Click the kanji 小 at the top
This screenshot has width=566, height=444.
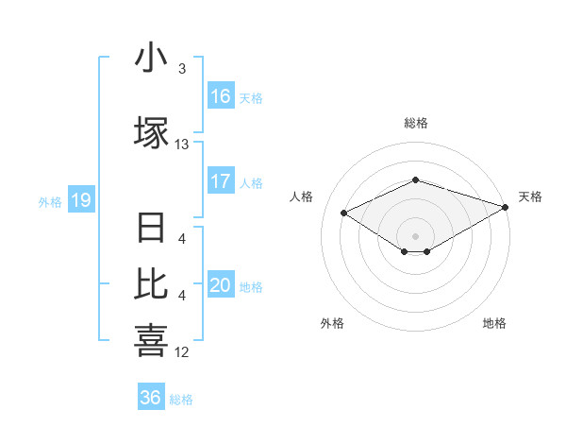tap(151, 60)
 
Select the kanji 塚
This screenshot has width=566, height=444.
tap(151, 131)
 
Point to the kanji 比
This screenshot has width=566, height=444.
tap(151, 282)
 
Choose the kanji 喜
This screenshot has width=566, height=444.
tap(151, 339)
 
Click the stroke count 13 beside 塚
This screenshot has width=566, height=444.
tap(181, 145)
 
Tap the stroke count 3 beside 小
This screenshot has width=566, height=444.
tap(181, 69)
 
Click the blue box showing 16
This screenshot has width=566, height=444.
tap(221, 96)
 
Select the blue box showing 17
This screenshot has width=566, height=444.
tap(221, 181)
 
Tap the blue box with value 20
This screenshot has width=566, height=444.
tap(221, 285)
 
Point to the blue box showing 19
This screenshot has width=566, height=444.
tap(81, 200)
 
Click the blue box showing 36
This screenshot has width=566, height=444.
tap(151, 398)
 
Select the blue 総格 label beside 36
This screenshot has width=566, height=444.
tap(181, 400)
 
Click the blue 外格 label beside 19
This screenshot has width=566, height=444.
tap(50, 201)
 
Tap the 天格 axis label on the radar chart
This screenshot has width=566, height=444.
tap(530, 196)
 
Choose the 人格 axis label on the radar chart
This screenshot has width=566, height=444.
tap(301, 196)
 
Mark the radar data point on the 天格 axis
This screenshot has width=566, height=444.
tap(507, 207)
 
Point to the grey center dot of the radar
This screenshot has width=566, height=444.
tap(415, 235)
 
